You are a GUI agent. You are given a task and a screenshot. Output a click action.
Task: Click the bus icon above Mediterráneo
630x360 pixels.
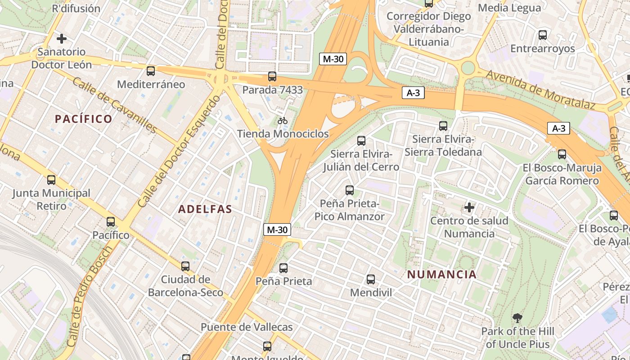point(151,71)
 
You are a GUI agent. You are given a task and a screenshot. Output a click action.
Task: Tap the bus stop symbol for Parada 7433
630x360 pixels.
point(272,76)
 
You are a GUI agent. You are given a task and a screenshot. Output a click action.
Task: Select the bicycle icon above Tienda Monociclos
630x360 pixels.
point(283,121)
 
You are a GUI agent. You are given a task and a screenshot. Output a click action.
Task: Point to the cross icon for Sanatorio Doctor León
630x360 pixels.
point(62,39)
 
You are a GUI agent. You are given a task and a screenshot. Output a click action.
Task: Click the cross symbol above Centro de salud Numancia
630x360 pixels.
point(469,207)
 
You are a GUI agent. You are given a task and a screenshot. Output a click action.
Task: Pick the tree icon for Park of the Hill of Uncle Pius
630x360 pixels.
point(517,318)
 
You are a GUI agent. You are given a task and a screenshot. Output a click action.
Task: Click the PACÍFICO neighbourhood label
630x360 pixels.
point(83,119)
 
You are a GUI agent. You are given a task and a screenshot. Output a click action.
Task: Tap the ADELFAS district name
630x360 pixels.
point(205,209)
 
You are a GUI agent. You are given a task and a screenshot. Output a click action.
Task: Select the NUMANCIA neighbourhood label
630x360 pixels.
point(441,274)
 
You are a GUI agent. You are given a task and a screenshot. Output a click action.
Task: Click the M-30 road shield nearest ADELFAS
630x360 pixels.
point(277,229)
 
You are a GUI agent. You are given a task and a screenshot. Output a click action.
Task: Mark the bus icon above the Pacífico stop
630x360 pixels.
point(111,222)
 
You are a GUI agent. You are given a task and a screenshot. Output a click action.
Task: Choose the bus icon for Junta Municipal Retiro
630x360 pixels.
point(51,180)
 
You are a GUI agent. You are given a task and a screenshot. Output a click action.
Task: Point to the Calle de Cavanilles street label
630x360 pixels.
point(114,106)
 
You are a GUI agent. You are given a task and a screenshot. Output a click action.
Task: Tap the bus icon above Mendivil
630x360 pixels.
point(371,279)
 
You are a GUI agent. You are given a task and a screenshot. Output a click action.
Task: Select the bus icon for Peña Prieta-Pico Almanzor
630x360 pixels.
point(350,190)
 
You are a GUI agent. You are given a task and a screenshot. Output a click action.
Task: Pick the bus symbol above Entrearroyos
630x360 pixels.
point(543,35)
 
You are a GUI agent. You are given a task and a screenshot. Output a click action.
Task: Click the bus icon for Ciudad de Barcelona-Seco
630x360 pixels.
point(185,266)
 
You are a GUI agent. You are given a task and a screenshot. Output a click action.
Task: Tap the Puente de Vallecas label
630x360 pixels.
point(247,327)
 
